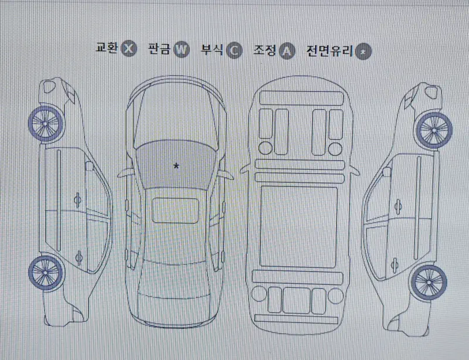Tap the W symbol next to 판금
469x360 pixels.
click(x=182, y=50)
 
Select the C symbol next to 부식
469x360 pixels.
click(x=233, y=50)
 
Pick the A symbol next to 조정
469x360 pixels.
click(x=286, y=51)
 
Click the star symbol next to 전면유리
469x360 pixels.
click(x=364, y=52)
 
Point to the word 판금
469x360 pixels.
click(x=160, y=49)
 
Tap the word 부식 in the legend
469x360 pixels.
click(x=212, y=50)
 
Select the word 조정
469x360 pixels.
click(x=264, y=50)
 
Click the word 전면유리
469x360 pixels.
click(x=329, y=51)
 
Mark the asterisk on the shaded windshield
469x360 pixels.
click(x=175, y=167)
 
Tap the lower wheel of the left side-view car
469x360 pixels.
click(x=45, y=273)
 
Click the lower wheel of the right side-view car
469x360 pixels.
click(x=427, y=281)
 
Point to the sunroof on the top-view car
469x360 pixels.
click(x=175, y=209)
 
